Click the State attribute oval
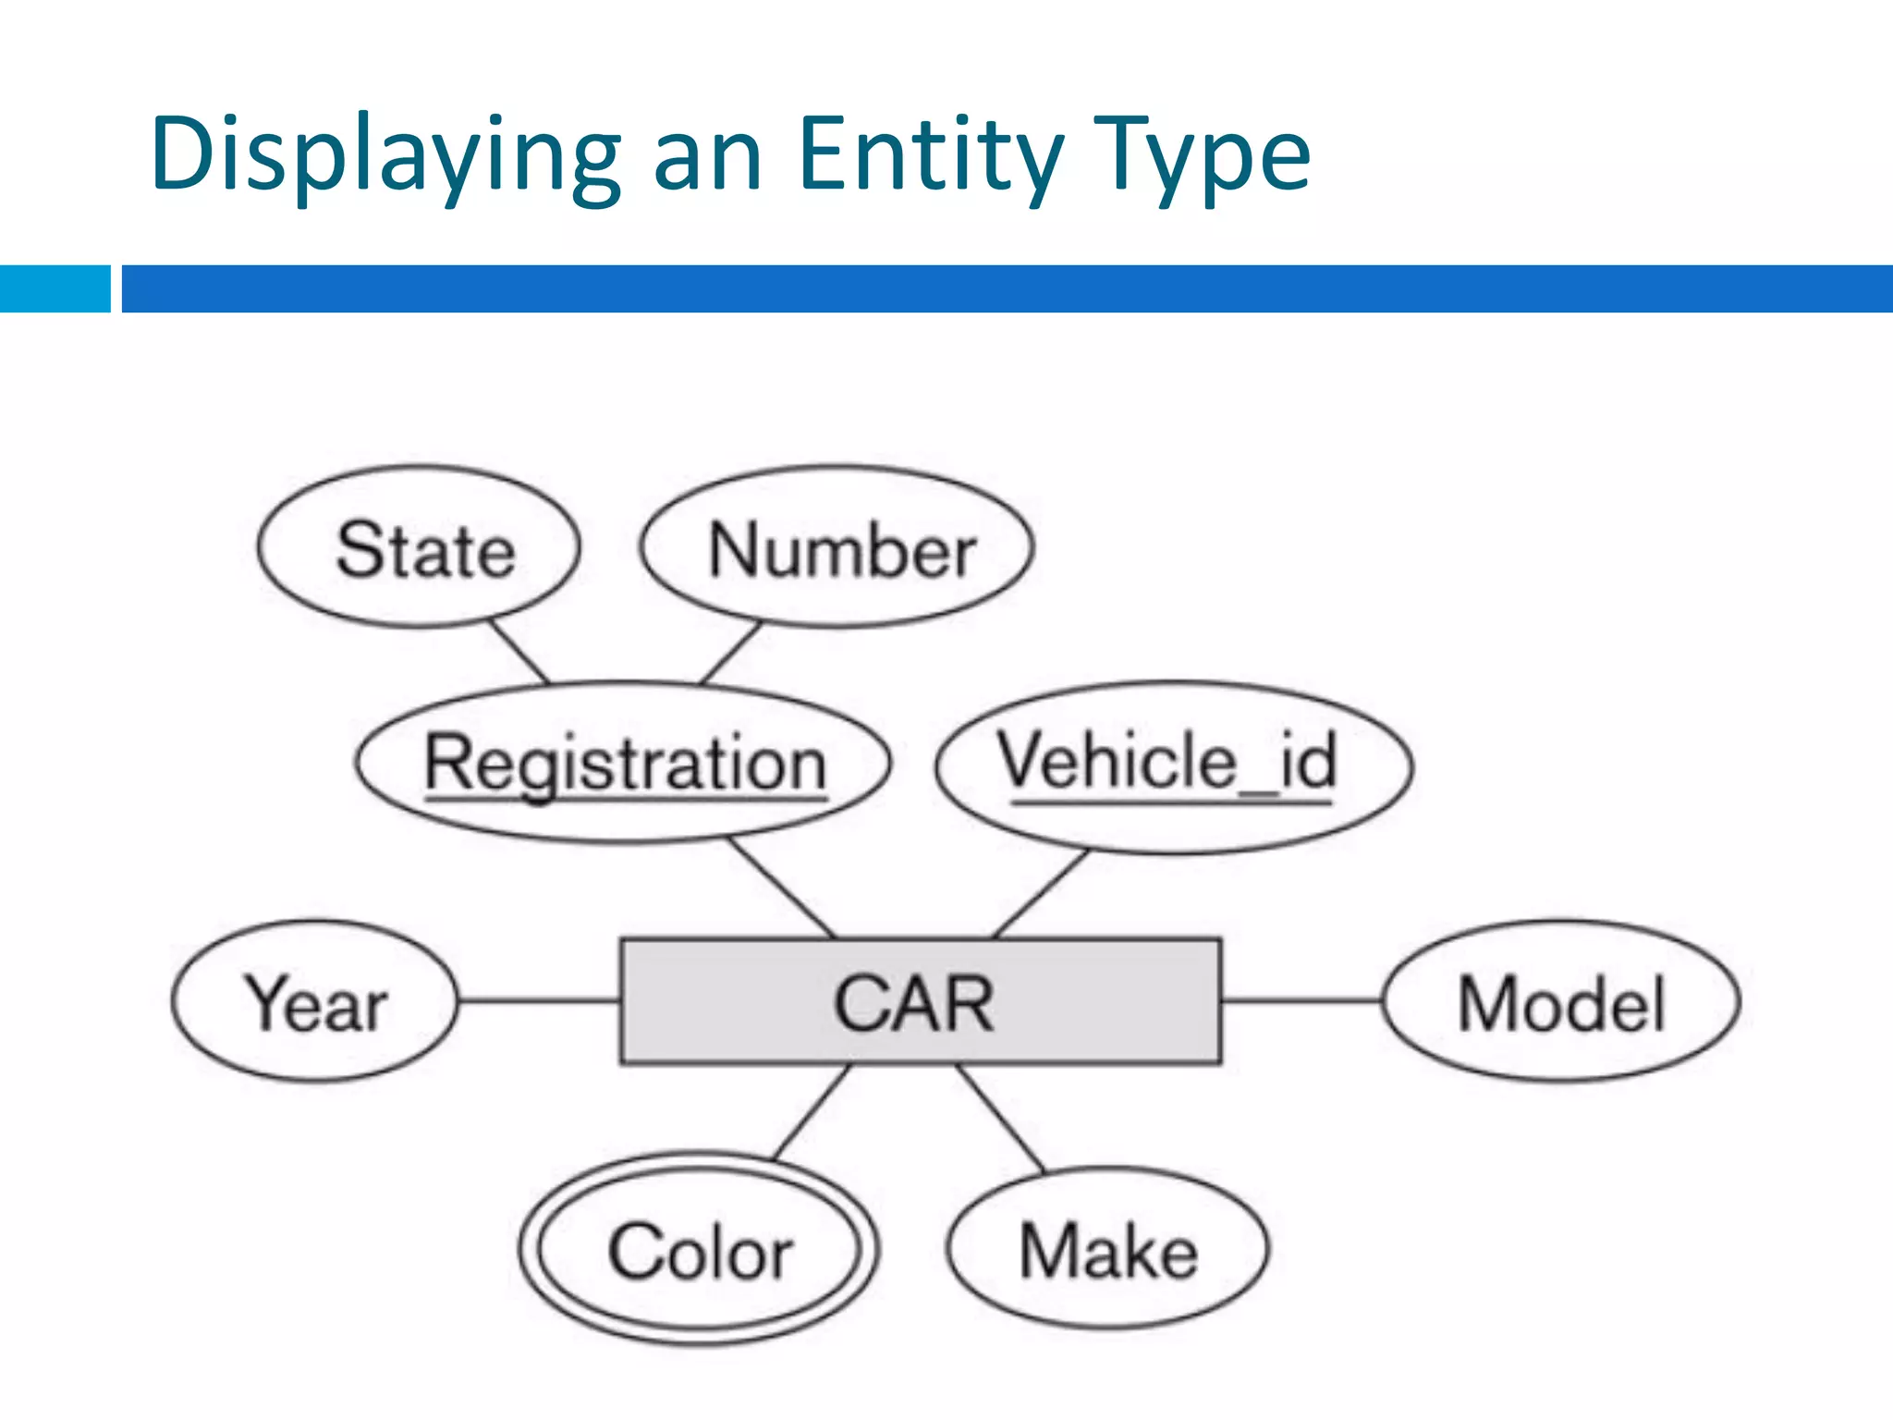point(419,547)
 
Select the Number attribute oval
point(837,547)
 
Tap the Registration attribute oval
point(623,764)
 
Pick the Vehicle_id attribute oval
point(1174,765)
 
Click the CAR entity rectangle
point(921,1002)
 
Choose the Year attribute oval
point(314,1001)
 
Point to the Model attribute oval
point(1561,1001)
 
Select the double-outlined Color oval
point(700,1250)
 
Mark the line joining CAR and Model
point(1301,1000)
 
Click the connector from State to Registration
point(519,652)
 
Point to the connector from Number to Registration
point(730,653)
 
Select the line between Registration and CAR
point(782,888)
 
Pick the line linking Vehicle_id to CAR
point(1041,893)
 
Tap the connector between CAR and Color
point(811,1112)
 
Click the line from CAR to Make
point(1001,1120)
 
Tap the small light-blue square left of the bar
point(55,288)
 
